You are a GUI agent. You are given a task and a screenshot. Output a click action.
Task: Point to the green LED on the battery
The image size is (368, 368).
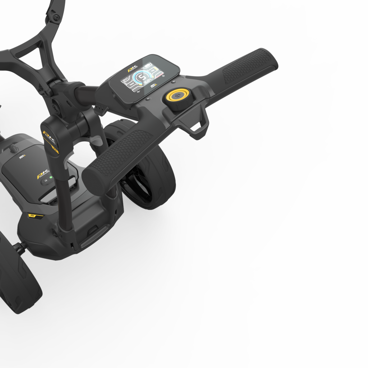coord(51,177)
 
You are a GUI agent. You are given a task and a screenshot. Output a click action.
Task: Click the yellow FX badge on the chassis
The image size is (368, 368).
coord(33,216)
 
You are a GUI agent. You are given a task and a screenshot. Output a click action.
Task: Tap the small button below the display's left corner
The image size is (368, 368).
coord(147,98)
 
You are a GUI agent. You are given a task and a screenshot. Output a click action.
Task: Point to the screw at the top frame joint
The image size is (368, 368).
coord(55,17)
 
